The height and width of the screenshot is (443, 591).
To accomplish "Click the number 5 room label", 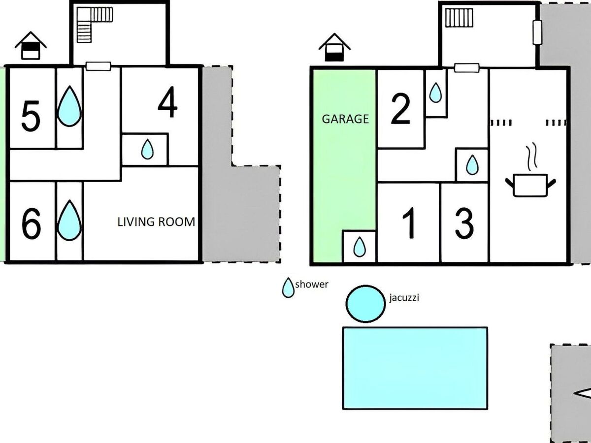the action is (x=31, y=116).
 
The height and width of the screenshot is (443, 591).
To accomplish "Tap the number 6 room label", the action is (x=31, y=223).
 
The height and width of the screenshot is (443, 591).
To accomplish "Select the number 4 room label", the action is (x=167, y=102).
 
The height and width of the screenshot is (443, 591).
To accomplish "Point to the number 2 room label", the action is (x=400, y=109).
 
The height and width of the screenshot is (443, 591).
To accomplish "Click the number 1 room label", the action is (x=409, y=223).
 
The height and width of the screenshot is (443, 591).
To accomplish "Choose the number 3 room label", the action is (x=464, y=223).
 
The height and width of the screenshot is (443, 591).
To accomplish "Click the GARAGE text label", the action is (x=345, y=119).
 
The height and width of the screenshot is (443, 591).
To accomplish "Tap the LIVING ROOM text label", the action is (x=156, y=222).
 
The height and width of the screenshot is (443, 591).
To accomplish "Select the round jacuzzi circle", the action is (x=365, y=304).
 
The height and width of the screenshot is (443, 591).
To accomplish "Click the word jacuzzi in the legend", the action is (x=404, y=298).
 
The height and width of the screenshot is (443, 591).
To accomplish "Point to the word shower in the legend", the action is (x=312, y=285).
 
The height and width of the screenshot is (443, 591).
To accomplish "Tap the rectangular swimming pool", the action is (x=415, y=368).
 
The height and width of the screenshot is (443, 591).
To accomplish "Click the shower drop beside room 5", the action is (x=69, y=106).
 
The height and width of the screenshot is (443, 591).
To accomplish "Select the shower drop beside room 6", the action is (x=69, y=221).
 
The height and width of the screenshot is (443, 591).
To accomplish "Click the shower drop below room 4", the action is (x=147, y=149).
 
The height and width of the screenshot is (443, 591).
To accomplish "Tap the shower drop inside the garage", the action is (x=360, y=247).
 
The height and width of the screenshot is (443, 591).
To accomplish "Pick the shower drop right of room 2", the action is (x=435, y=93).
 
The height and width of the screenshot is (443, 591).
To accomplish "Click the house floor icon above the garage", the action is (x=334, y=47).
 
